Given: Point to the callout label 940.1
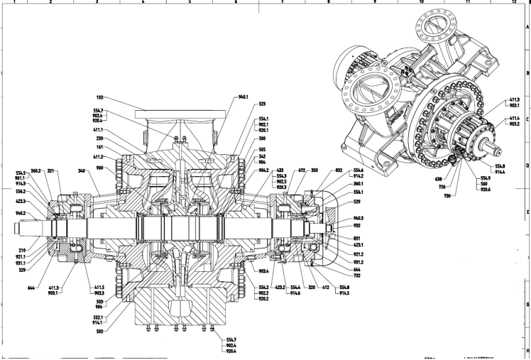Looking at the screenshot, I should (243, 97).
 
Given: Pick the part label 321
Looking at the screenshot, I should (50, 171).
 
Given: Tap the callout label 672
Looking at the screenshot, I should (302, 171).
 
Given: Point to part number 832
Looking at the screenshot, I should (339, 171).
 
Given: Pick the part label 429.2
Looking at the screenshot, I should (279, 287).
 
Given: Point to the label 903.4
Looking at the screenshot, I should (263, 272).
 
